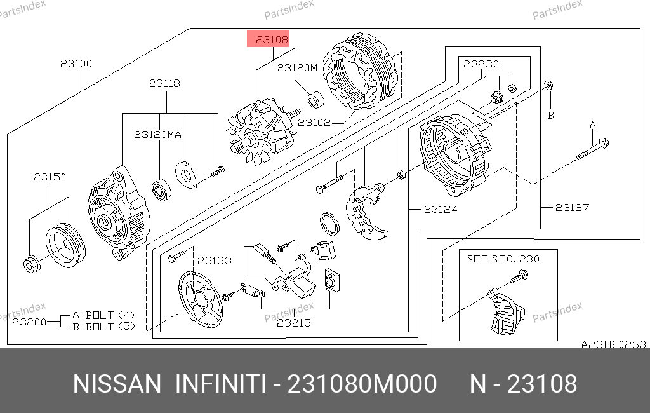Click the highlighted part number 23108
click(x=272, y=40)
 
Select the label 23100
click(x=76, y=64)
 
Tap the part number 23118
click(x=164, y=83)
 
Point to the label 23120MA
click(x=157, y=135)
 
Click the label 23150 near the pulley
click(x=50, y=177)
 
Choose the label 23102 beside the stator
click(x=314, y=123)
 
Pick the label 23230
click(x=481, y=64)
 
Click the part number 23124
click(x=441, y=209)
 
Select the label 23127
click(x=572, y=207)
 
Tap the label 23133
click(x=215, y=261)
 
